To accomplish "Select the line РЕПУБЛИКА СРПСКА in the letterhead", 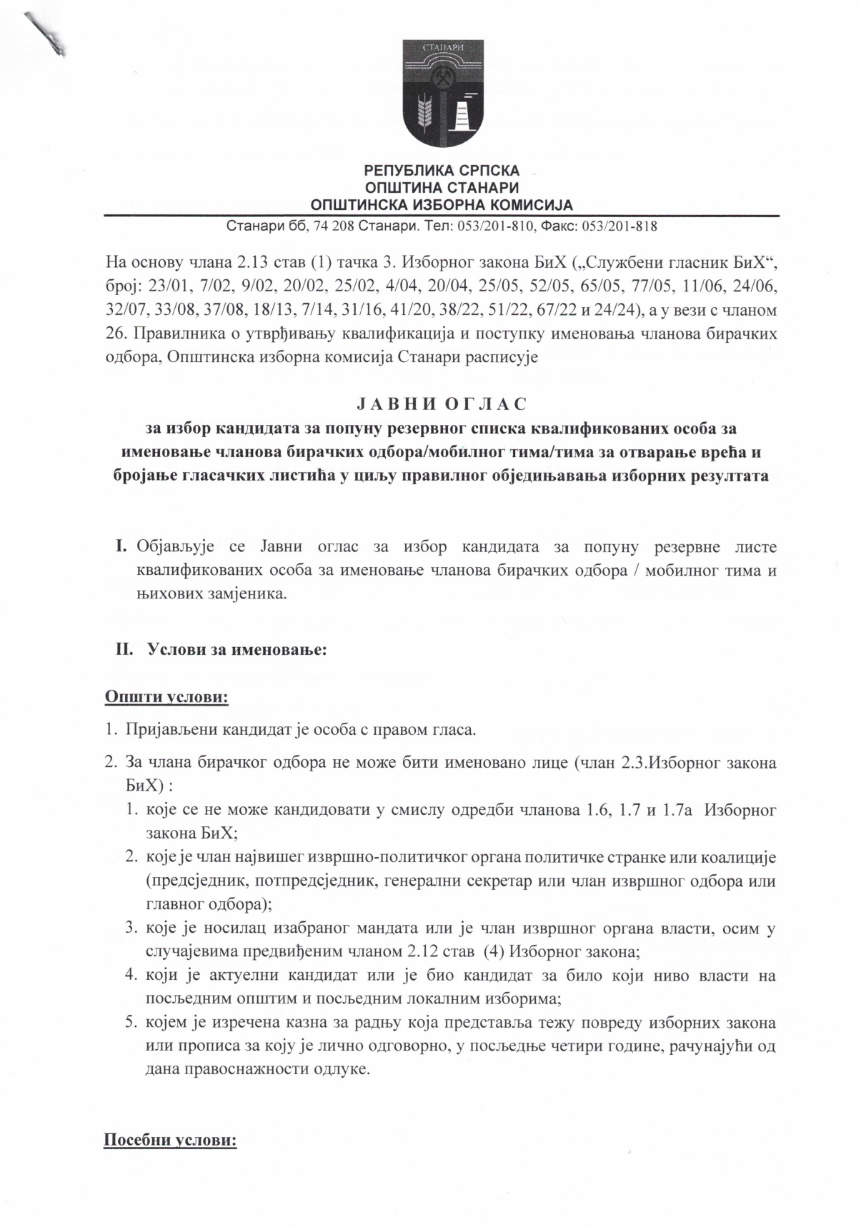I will click(x=442, y=171).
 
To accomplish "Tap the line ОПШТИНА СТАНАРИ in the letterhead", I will click(x=442, y=189).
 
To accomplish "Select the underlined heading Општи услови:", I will click(x=166, y=696).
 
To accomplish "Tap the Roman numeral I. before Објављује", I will click(x=121, y=548).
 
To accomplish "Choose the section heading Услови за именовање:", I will click(x=237, y=651).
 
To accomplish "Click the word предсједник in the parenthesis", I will click(x=192, y=880).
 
